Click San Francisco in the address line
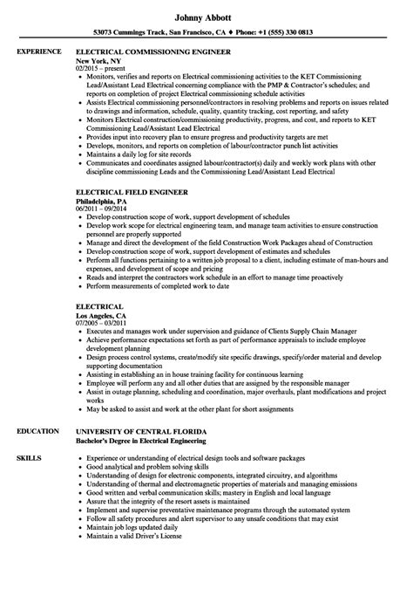(x=197, y=33)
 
